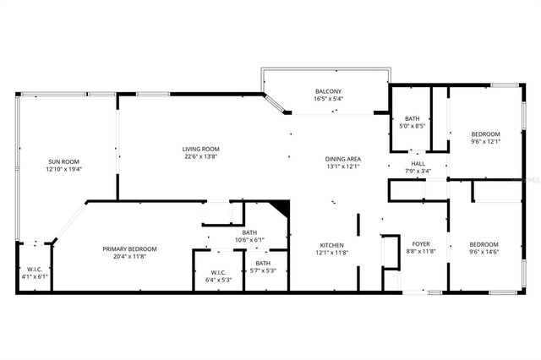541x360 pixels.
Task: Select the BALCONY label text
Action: (x=328, y=91)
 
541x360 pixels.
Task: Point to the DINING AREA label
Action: (x=343, y=159)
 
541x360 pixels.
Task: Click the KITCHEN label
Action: (x=332, y=244)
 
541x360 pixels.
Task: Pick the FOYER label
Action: (x=421, y=244)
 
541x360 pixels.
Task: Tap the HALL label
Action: (x=418, y=164)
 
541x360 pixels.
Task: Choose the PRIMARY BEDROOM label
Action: (x=129, y=248)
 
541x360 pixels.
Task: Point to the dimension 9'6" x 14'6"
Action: (x=485, y=252)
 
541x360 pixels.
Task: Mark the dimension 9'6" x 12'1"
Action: (x=485, y=141)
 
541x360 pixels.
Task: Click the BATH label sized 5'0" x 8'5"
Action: (x=413, y=119)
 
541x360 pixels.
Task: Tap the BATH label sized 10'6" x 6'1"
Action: (x=249, y=232)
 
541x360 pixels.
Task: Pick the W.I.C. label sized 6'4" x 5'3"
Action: (x=218, y=271)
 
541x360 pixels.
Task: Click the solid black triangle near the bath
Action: (x=282, y=208)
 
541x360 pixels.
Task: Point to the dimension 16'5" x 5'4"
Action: (x=328, y=99)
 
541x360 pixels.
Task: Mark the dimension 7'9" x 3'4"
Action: (x=418, y=172)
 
